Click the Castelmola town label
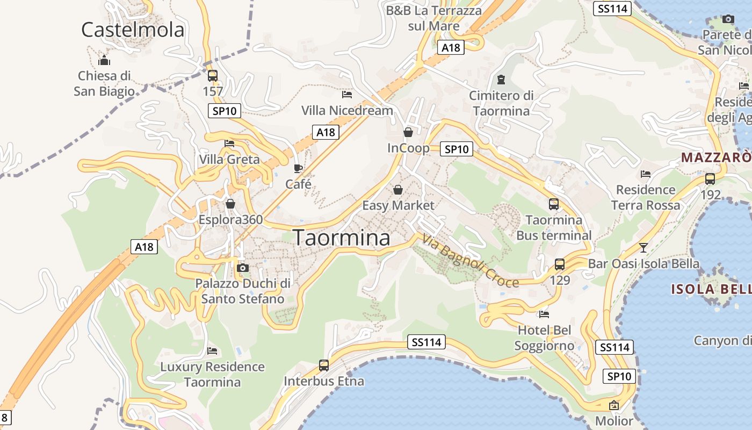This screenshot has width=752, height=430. click(133, 30)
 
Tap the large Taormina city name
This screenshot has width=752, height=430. click(342, 238)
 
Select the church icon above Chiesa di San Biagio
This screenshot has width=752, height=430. click(104, 60)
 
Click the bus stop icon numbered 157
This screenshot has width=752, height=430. click(213, 76)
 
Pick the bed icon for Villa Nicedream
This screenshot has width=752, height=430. click(347, 95)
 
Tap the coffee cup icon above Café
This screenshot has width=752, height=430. click(298, 168)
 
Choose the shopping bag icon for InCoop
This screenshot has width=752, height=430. click(408, 132)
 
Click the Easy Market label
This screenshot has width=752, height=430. click(398, 205)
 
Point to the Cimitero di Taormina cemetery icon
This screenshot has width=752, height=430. click(501, 80)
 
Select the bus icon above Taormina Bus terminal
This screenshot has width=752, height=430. click(554, 204)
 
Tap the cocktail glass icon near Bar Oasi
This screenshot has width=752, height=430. click(643, 248)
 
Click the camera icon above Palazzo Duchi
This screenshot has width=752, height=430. click(243, 268)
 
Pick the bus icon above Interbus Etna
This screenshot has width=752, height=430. click(324, 365)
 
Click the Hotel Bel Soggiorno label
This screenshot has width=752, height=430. click(544, 338)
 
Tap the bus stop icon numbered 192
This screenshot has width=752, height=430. click(710, 179)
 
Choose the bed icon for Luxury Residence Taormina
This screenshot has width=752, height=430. click(212, 351)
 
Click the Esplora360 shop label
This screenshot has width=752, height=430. click(230, 220)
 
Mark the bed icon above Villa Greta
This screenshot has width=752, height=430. click(229, 144)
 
